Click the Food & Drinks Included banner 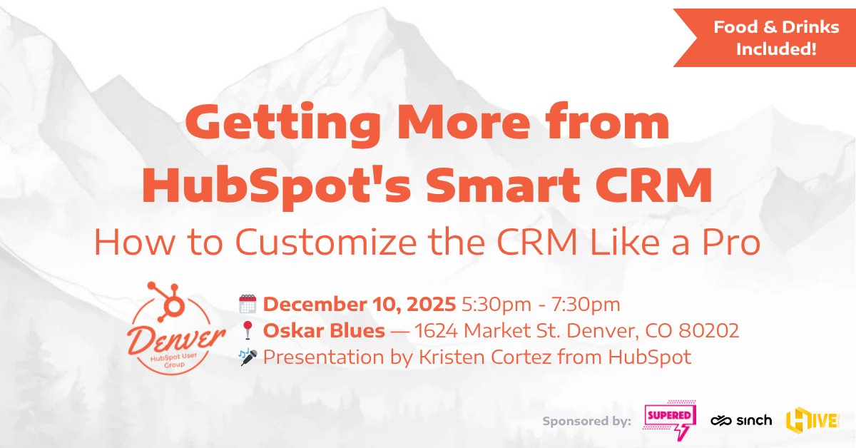tap(765, 39)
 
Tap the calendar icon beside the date tap(247, 305)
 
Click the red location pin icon tap(248, 331)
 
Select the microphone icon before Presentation tap(247, 357)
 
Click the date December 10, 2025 tap(360, 305)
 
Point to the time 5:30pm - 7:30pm tap(541, 305)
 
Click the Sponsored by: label tap(587, 421)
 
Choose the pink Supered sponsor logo tap(670, 419)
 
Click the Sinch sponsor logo tap(740, 420)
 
